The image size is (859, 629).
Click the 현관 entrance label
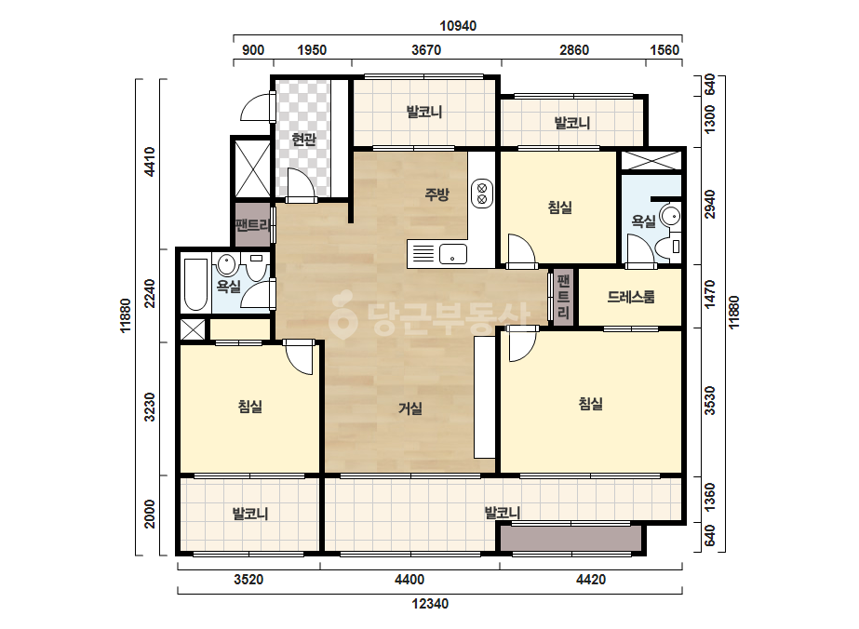tap(304, 140)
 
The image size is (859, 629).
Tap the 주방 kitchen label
tap(436, 194)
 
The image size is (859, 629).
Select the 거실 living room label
tap(410, 408)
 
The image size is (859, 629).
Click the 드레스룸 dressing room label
tap(631, 297)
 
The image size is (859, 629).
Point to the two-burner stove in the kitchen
tap(482, 194)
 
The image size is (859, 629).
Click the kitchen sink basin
tap(452, 254)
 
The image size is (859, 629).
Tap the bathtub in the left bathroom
tap(195, 285)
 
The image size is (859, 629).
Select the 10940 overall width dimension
tap(458, 26)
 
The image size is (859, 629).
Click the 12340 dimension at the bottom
tap(430, 604)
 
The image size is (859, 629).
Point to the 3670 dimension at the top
tap(426, 50)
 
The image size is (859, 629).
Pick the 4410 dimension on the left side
tap(149, 162)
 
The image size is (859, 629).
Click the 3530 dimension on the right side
tap(710, 400)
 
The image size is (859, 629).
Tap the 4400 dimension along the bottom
tap(409, 580)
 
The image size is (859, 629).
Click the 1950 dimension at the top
tap(312, 50)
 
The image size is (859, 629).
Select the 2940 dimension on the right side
tap(710, 204)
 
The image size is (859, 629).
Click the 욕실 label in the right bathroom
tap(644, 221)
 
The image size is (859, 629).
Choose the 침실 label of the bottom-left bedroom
tap(249, 407)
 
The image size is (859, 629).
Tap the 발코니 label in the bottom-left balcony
tap(249, 514)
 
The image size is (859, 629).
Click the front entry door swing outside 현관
tap(256, 107)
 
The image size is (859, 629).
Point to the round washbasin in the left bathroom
tap(226, 265)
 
